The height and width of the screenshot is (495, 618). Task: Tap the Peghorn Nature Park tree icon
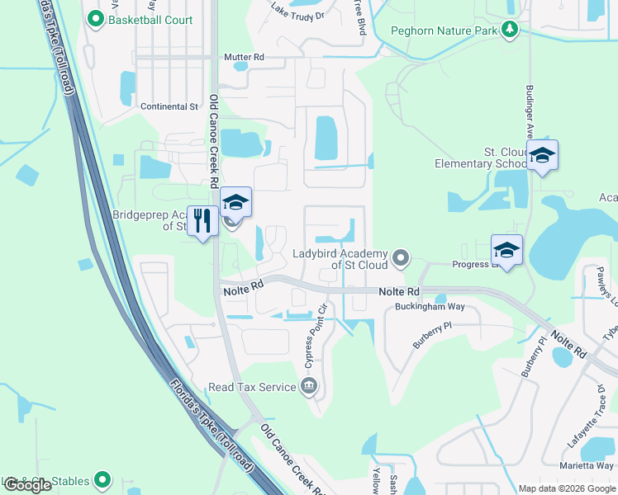pyautogui.click(x=510, y=31)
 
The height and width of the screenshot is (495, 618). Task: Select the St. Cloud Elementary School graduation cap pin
pyautogui.click(x=542, y=156)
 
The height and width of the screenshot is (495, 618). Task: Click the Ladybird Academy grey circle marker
pyautogui.click(x=401, y=259)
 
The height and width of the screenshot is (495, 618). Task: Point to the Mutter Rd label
pyautogui.click(x=244, y=58)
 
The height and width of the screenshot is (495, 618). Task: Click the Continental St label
pyautogui.click(x=169, y=106)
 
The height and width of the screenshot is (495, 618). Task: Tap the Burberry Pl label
pyautogui.click(x=435, y=327)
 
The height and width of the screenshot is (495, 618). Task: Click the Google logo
pyautogui.click(x=28, y=485)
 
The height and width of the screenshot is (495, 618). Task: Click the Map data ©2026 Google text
pyautogui.click(x=567, y=488)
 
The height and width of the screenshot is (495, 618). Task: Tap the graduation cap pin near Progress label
pyautogui.click(x=506, y=250)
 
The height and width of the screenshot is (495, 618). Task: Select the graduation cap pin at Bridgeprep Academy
pyautogui.click(x=235, y=203)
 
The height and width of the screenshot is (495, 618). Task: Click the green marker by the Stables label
pyautogui.click(x=102, y=479)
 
